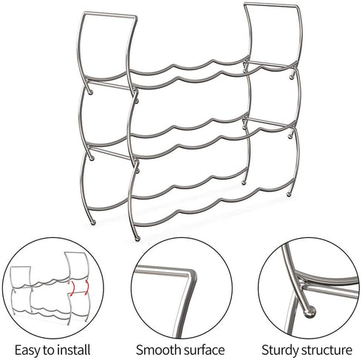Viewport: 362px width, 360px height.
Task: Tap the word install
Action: (x=74, y=349)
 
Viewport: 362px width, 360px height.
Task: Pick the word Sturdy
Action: (x=280, y=350)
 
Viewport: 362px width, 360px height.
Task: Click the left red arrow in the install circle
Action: (x=72, y=288)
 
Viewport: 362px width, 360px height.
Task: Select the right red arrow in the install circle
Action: (x=86, y=287)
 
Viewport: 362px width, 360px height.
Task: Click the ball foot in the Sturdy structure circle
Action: (x=310, y=312)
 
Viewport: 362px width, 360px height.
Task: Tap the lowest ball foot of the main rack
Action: (x=137, y=238)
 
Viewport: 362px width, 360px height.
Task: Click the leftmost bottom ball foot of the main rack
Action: (x=93, y=223)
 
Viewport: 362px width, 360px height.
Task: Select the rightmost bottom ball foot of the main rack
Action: (x=289, y=194)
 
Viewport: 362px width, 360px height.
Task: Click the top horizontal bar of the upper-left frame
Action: (x=110, y=15)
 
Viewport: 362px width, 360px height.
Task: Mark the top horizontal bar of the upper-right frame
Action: (x=272, y=5)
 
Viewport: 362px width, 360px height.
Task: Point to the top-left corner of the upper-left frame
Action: (x=84, y=13)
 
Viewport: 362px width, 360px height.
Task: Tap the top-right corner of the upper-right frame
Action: (x=298, y=7)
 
